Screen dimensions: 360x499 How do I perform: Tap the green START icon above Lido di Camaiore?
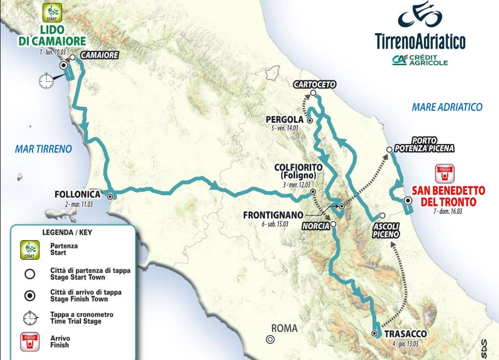[53, 11]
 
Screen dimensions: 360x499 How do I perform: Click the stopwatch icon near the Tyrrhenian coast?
[46, 80]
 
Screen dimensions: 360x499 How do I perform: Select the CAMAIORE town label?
[100, 55]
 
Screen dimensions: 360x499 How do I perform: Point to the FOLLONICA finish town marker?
[110, 196]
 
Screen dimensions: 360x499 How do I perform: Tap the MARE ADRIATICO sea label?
[447, 107]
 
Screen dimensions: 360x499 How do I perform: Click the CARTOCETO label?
[314, 84]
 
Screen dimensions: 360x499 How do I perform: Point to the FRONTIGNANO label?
[271, 214]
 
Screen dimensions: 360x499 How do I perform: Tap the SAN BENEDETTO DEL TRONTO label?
[448, 195]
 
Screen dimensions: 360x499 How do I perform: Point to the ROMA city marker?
[269, 339]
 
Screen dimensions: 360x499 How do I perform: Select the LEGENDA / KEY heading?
[68, 233]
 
